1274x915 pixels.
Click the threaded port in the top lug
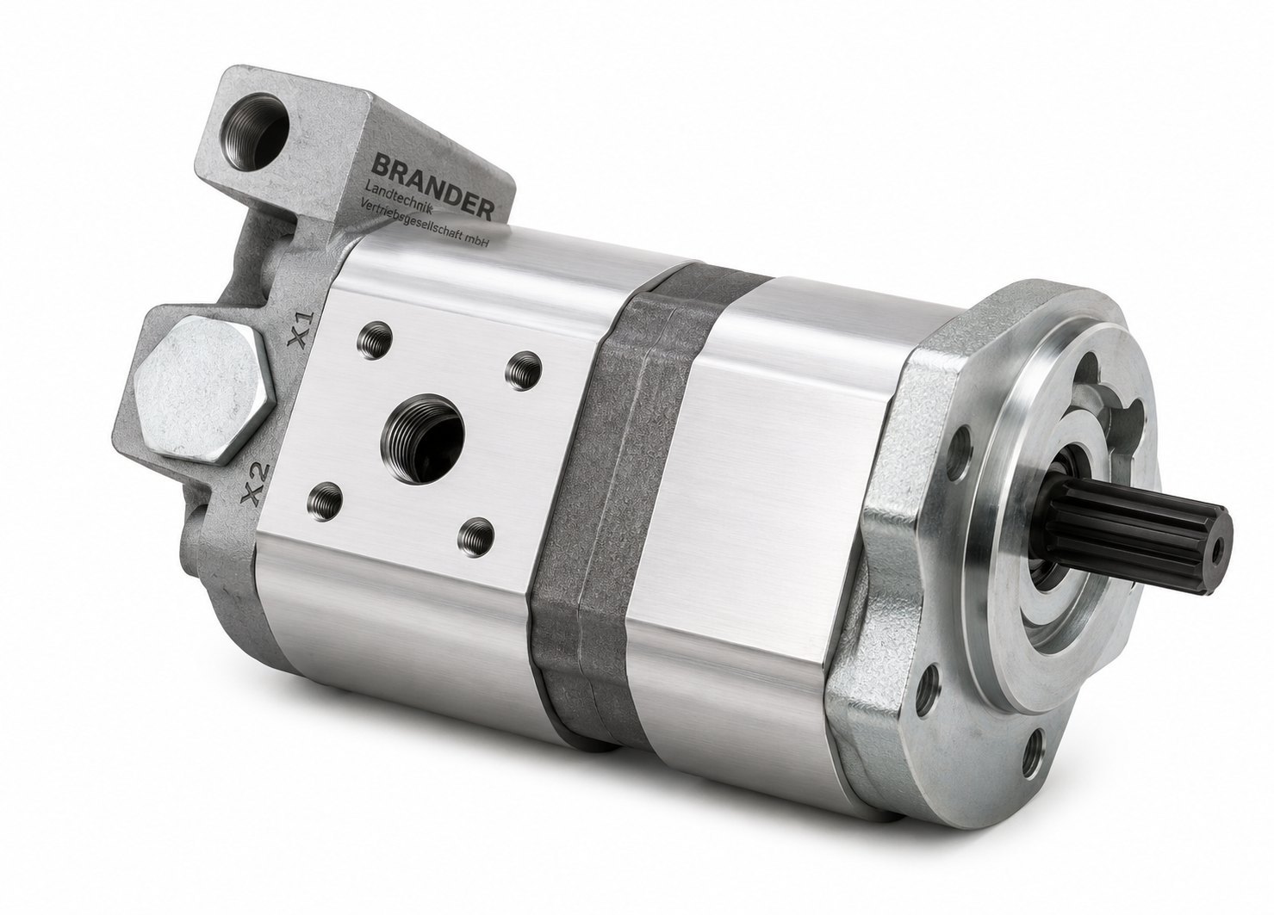[256, 131]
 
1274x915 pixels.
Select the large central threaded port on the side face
[423, 439]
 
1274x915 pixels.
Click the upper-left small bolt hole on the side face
[374, 340]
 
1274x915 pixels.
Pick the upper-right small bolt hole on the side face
[524, 370]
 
